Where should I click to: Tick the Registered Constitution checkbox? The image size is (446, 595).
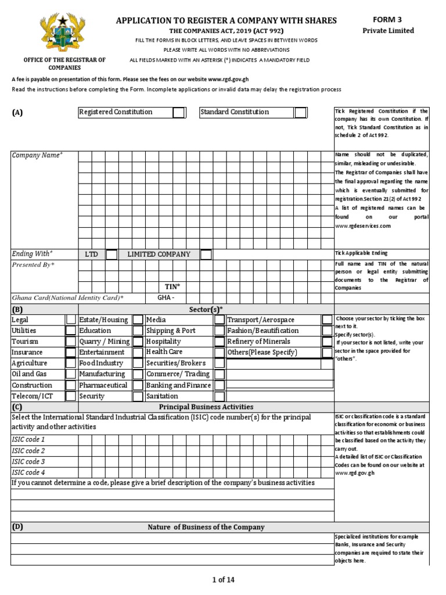click(x=179, y=112)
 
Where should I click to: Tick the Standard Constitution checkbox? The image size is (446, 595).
click(x=300, y=112)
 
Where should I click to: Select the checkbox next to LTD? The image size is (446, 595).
click(x=111, y=255)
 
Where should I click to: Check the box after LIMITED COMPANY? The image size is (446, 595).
click(x=206, y=255)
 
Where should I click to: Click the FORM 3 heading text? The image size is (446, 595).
click(x=388, y=19)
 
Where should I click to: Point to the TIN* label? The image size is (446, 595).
click(x=172, y=287)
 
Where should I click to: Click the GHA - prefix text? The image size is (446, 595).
click(x=166, y=297)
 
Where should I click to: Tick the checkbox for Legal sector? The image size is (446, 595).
click(x=70, y=320)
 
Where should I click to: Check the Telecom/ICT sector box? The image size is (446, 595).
click(x=70, y=396)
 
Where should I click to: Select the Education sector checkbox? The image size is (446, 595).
click(x=138, y=331)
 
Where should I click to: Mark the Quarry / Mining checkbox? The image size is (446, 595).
click(x=138, y=342)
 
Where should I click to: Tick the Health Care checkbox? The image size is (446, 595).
click(x=220, y=352)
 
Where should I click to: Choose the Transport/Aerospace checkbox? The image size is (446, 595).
click(x=328, y=320)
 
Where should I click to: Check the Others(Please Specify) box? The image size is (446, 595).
click(x=328, y=352)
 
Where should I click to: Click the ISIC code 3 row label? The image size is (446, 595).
click(x=28, y=461)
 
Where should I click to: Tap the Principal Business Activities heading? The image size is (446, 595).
click(x=206, y=407)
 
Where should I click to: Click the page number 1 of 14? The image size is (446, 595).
click(x=223, y=579)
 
